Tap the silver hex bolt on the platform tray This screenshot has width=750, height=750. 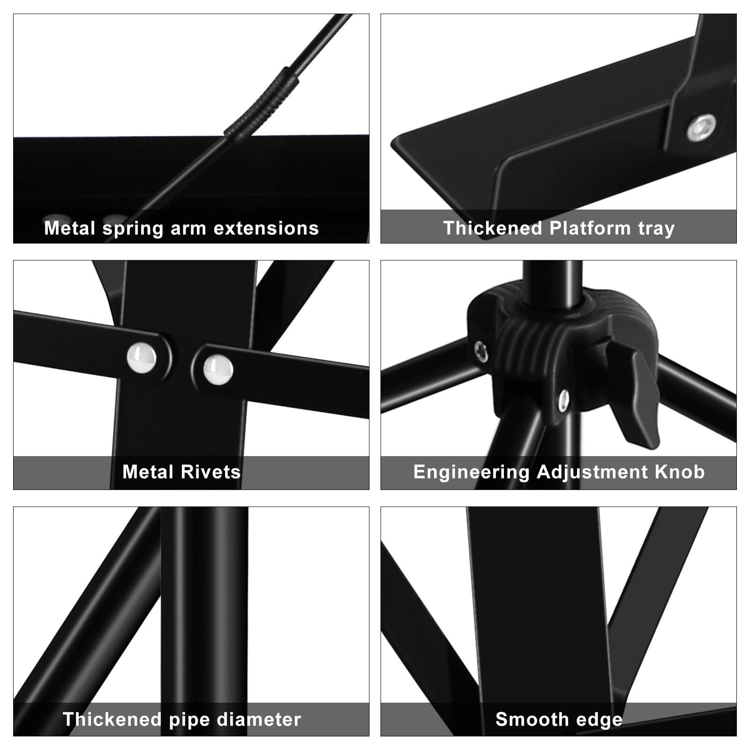tap(701, 128)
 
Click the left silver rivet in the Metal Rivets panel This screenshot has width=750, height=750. tap(142, 358)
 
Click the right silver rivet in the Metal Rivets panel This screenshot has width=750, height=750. tap(218, 369)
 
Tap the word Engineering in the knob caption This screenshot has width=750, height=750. tap(471, 472)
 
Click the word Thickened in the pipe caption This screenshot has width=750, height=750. tap(112, 720)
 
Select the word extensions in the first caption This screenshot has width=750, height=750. tap(266, 229)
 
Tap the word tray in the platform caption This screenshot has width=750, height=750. tap(656, 229)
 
